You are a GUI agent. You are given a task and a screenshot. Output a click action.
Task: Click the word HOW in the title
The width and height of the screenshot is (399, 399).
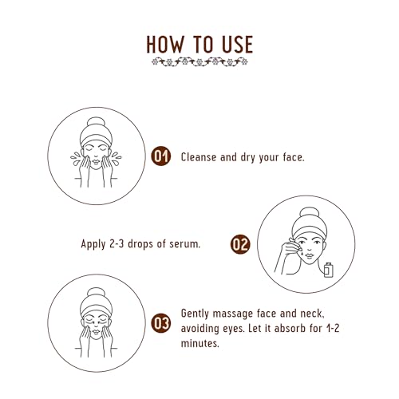click(x=165, y=45)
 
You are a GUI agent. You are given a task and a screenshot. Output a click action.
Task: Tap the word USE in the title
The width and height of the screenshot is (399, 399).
click(x=237, y=45)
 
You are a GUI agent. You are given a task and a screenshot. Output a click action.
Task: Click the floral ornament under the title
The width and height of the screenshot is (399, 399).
click(x=199, y=62)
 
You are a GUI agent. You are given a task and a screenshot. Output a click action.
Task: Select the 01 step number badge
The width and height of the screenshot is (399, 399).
click(x=161, y=156)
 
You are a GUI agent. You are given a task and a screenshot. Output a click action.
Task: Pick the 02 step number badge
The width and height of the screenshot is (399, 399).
click(x=240, y=244)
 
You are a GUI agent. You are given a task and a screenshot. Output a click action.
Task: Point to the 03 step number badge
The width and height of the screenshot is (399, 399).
click(x=161, y=323)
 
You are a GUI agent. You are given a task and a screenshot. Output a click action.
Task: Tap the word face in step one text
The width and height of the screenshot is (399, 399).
click(x=294, y=157)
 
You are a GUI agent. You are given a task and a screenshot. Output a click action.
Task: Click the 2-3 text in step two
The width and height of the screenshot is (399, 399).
click(x=117, y=244)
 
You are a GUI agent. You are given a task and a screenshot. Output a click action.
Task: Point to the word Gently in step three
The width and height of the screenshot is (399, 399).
click(x=195, y=314)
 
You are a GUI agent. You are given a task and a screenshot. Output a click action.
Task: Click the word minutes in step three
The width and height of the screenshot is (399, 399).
click(x=200, y=343)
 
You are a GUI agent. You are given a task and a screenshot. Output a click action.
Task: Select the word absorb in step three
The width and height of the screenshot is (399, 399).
click(x=290, y=329)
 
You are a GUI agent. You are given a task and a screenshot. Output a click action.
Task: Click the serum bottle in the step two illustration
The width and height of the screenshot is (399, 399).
click(x=329, y=270)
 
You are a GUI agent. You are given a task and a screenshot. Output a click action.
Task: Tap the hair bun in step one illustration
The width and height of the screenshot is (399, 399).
click(x=96, y=123)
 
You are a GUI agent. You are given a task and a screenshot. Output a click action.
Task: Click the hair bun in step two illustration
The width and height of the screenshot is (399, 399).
click(x=309, y=213)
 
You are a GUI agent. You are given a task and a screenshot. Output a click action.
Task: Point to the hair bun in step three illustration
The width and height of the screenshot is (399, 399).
click(x=96, y=293)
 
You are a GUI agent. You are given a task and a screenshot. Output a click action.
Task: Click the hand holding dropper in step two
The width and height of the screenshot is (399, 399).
click(x=289, y=250)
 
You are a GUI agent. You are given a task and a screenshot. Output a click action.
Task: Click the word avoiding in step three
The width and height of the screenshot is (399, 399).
click(x=200, y=329)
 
